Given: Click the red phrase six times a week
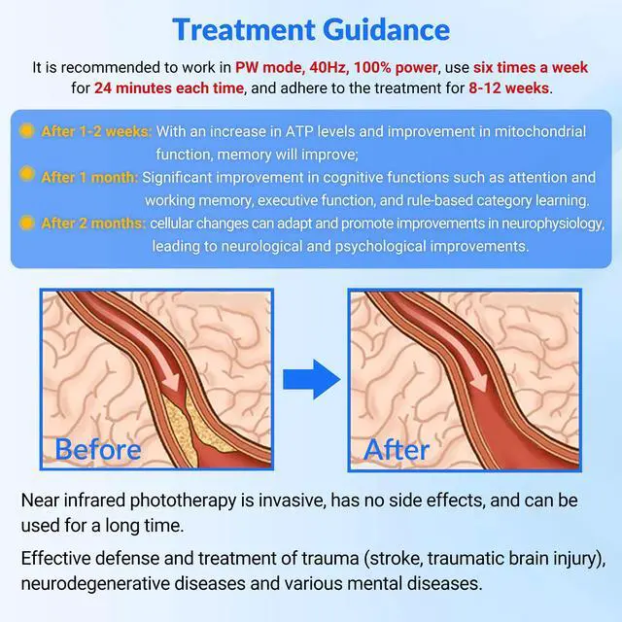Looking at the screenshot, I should (x=531, y=67).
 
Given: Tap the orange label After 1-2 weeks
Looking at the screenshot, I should (x=95, y=131).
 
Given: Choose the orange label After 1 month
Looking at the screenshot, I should (x=89, y=178).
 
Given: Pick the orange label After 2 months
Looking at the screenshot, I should (x=93, y=224).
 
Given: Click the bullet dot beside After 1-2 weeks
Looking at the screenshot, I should (x=27, y=130).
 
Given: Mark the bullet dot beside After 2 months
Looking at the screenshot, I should (x=27, y=223).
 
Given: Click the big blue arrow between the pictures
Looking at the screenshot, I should (x=311, y=379).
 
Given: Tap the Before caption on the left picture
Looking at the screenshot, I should (x=98, y=449).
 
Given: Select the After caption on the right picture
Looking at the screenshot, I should (x=397, y=449).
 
